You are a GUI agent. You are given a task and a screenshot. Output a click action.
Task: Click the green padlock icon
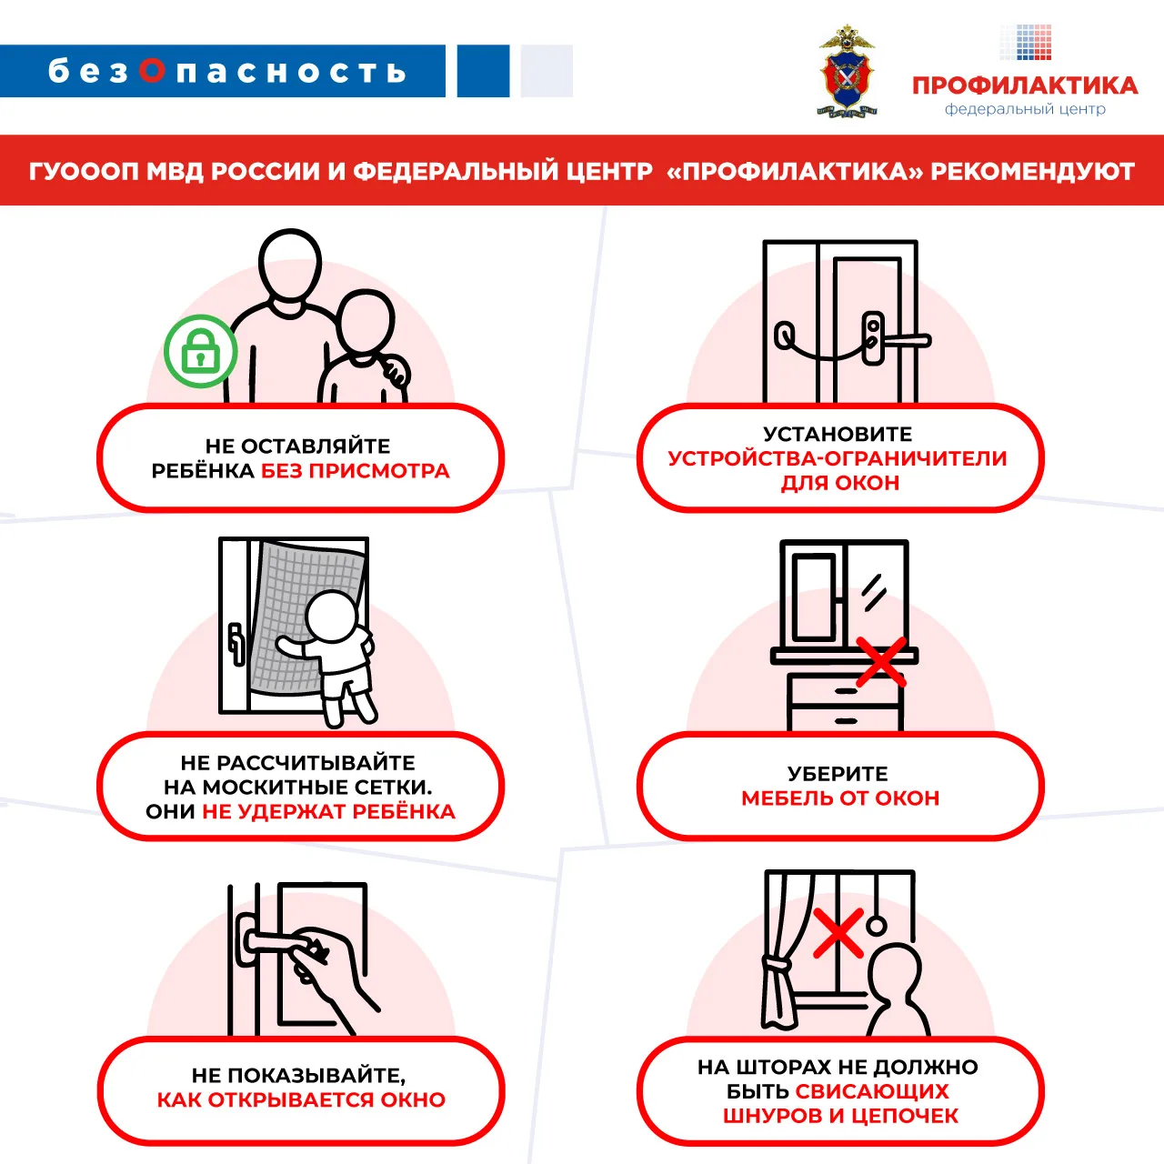coord(201,351)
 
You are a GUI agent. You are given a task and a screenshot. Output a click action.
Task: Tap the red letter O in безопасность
coord(152,71)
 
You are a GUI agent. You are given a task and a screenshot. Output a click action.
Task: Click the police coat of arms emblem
coord(847,71)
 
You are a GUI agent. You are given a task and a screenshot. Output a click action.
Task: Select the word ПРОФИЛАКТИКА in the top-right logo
coord(1025,85)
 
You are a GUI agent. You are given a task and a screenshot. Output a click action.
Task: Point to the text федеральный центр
coord(1025,109)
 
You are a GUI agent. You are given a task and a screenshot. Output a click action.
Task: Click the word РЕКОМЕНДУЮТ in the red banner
coord(1032,172)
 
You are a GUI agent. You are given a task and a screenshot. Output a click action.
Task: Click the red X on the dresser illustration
coord(881,662)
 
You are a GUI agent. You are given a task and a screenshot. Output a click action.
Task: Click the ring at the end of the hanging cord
coord(877,926)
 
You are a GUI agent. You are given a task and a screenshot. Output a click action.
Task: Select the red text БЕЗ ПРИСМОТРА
coord(356,471)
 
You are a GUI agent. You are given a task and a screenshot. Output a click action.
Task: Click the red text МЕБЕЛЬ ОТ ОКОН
coord(840,798)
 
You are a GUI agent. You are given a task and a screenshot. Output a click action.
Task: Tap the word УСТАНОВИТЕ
coord(838,434)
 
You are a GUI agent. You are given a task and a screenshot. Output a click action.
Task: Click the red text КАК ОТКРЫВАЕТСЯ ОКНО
coord(301,1100)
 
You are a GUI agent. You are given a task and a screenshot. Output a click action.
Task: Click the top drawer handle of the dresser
coord(847,690)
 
